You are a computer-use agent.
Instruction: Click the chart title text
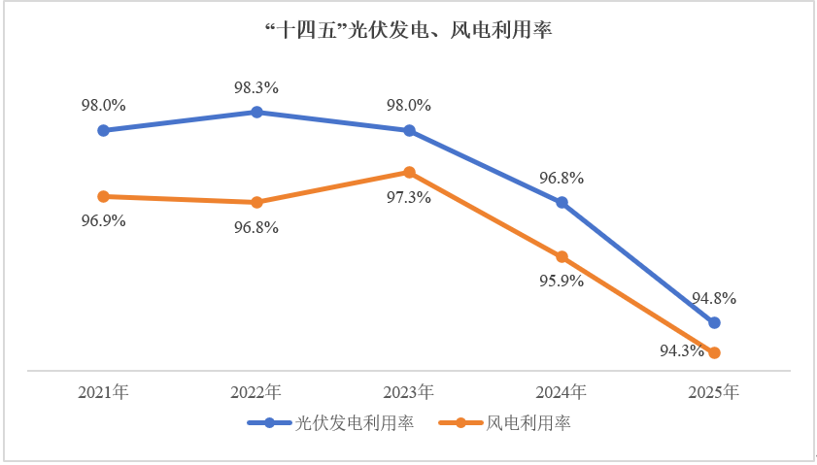tap(408, 30)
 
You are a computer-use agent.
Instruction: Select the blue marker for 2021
tap(103, 130)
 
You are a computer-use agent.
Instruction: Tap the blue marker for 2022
tap(256, 112)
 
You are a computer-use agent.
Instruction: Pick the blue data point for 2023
tap(409, 130)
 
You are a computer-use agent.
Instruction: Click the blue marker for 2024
tap(562, 202)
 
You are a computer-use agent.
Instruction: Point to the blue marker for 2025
tap(715, 322)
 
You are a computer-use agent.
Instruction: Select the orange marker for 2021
tap(103, 196)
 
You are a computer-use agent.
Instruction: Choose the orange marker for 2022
tap(256, 202)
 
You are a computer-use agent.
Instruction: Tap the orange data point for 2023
tap(409, 172)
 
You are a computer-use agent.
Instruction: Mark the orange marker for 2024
tap(562, 256)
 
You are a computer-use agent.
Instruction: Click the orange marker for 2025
tap(715, 352)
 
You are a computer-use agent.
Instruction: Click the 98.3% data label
tap(256, 87)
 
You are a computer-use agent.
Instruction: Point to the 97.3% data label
tap(409, 197)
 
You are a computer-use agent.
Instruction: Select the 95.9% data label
tap(562, 282)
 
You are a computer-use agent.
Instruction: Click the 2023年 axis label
tap(409, 393)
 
